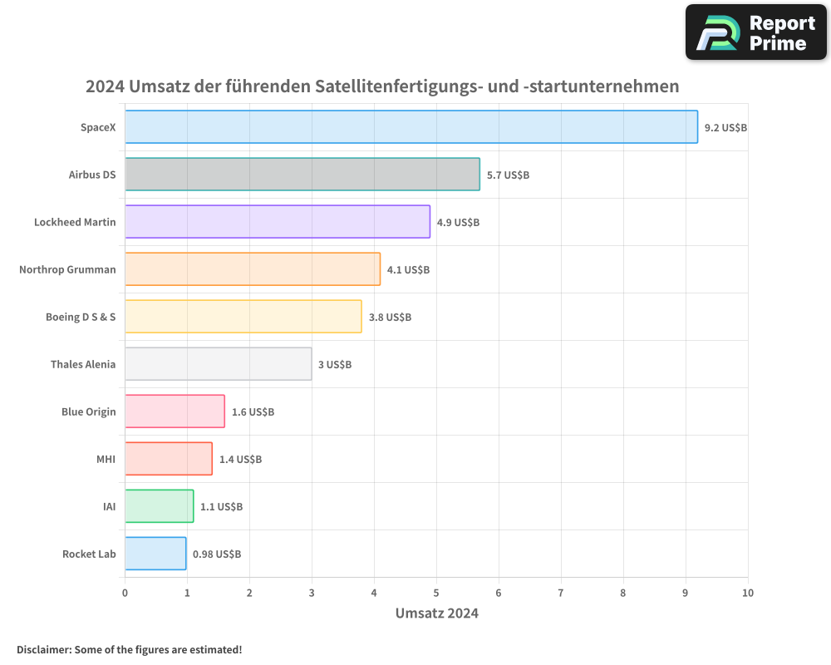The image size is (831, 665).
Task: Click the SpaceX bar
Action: click(411, 127)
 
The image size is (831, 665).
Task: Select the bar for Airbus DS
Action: click(302, 175)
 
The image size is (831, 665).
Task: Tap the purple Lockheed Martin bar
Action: click(278, 222)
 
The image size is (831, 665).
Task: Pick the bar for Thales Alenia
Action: click(219, 364)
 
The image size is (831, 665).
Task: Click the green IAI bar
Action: click(159, 506)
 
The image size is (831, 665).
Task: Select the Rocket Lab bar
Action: click(155, 554)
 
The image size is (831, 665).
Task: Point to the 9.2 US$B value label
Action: click(725, 128)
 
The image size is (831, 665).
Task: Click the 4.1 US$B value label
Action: click(408, 270)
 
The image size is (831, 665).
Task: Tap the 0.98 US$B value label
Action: click(217, 554)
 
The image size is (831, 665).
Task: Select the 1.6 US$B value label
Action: click(253, 412)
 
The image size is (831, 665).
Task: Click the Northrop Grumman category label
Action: click(67, 269)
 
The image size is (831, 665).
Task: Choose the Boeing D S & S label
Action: click(81, 317)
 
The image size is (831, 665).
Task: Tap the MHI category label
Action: click(106, 459)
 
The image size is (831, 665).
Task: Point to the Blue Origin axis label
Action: click(88, 411)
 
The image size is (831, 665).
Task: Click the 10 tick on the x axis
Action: click(748, 593)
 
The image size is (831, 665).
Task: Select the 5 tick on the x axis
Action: click(436, 593)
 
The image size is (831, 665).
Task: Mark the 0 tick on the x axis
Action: click(125, 593)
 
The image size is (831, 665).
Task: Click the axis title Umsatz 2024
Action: click(436, 613)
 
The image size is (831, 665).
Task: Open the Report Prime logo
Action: click(756, 32)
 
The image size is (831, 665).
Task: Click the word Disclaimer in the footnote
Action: click(43, 649)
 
